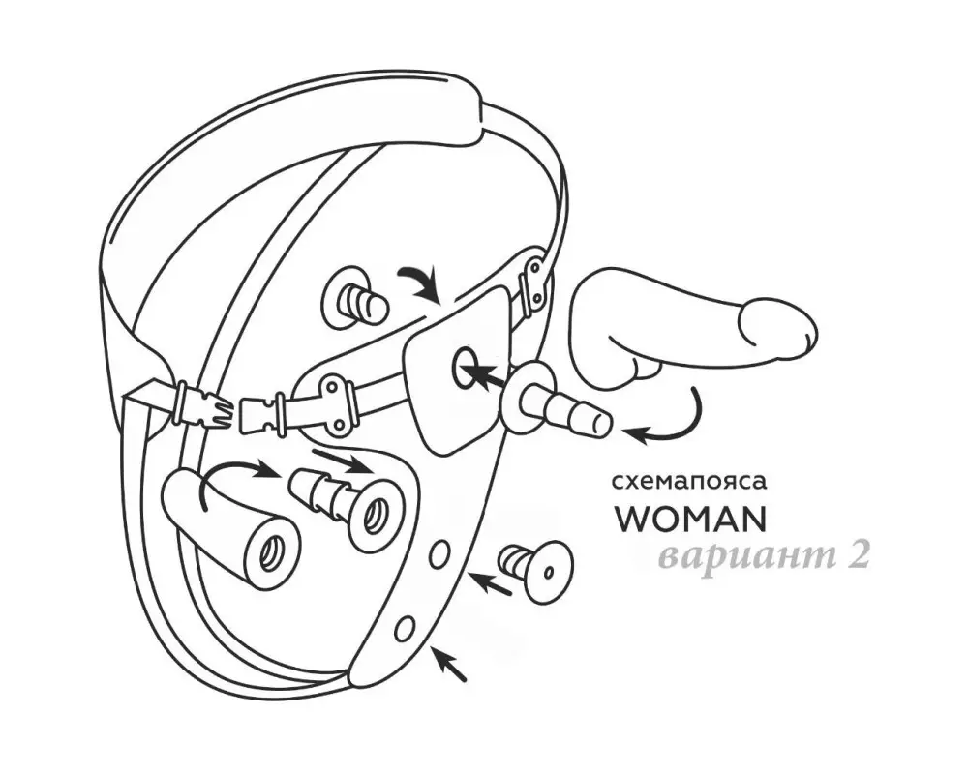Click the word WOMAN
[691, 520]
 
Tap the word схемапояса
[689, 482]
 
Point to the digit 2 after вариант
[857, 556]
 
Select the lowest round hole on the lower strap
[405, 628]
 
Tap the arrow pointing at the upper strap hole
[491, 582]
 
